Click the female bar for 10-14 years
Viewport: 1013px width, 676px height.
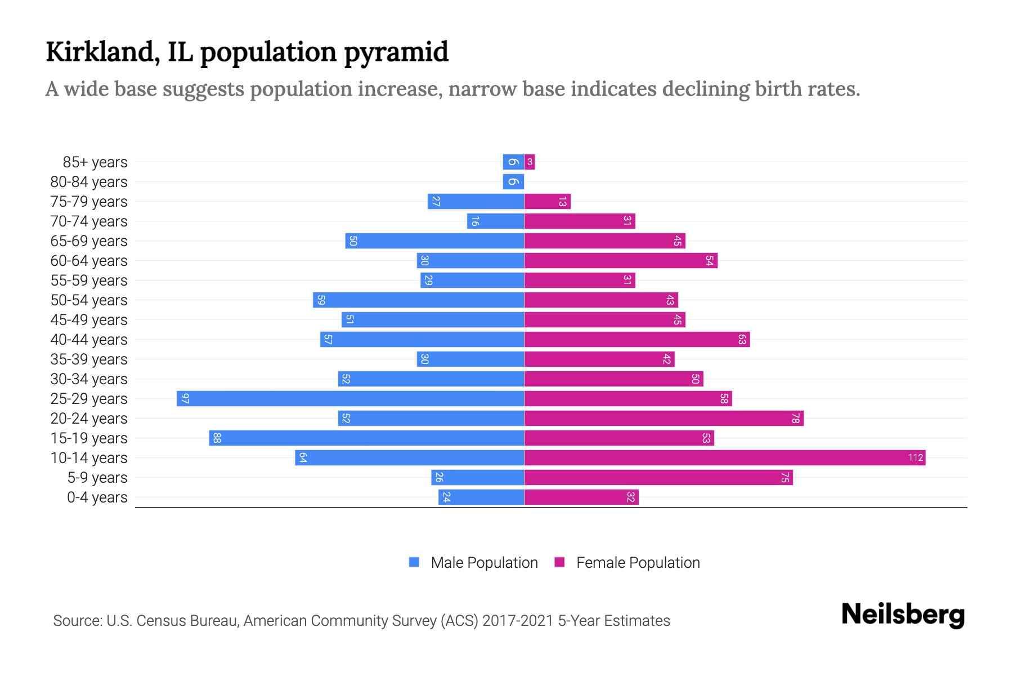725,457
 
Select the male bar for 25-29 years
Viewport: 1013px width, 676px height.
350,398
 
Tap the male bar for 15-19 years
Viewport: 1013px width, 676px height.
366,438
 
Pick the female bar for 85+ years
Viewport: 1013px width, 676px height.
530,162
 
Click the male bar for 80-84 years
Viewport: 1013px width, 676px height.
513,182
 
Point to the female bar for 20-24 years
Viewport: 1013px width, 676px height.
664,418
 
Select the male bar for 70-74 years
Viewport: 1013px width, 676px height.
495,221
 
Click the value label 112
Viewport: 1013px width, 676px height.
915,457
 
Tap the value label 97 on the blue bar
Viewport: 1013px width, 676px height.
185,399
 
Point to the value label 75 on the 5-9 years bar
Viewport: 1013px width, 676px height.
785,478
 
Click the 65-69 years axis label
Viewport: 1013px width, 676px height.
89,241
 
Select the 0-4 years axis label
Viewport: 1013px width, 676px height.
97,497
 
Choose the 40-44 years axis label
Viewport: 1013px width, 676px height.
89,340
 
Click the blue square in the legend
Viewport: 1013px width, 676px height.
414,562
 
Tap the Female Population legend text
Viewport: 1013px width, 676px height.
638,562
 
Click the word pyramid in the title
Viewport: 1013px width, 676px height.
396,52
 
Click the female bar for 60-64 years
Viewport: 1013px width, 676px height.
621,261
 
